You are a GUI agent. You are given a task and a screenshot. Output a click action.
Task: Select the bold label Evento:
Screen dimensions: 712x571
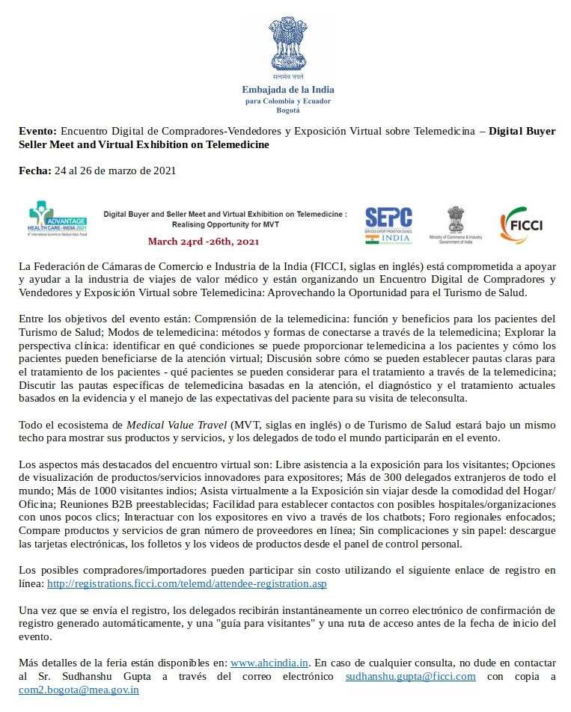click(x=37, y=132)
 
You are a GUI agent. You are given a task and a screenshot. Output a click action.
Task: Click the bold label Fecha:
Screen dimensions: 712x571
click(x=35, y=171)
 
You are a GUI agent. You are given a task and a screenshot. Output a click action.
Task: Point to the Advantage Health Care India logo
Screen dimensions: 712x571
click(x=58, y=219)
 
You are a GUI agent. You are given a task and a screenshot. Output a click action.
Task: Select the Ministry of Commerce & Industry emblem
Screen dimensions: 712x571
click(x=455, y=224)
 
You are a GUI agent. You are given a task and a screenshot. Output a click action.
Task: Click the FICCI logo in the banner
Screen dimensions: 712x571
click(x=521, y=224)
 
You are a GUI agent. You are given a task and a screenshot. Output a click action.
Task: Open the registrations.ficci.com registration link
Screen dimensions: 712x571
click(x=186, y=583)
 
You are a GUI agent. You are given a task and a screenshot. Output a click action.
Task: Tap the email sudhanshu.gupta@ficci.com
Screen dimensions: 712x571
click(x=410, y=677)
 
